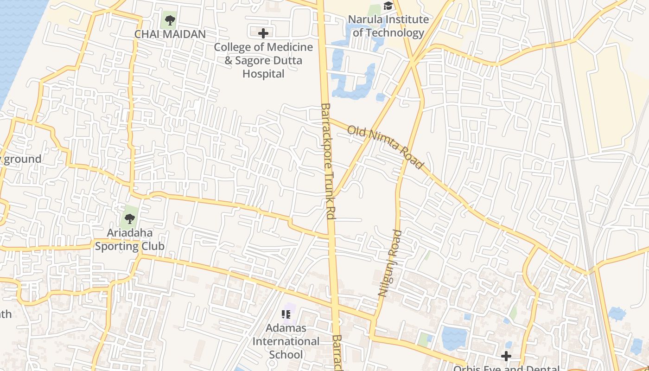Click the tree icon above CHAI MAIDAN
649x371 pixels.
[x=170, y=20]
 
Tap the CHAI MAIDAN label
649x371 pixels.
[x=170, y=34]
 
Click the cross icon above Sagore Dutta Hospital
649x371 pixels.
[x=263, y=33]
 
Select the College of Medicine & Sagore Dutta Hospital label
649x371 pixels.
[x=263, y=60]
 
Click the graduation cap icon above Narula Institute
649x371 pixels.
[x=388, y=6]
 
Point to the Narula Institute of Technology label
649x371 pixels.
[x=388, y=26]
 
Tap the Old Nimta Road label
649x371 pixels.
[x=385, y=147]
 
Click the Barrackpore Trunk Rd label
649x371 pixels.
[x=328, y=161]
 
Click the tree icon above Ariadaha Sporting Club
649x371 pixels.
[x=130, y=218]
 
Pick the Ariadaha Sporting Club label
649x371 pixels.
[x=130, y=239]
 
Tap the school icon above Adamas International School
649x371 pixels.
[x=286, y=314]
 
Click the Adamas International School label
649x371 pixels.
[x=286, y=341]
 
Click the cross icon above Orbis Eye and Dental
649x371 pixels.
[x=506, y=356]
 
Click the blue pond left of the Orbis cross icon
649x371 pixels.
[x=454, y=338]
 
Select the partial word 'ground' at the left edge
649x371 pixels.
[x=22, y=159]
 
